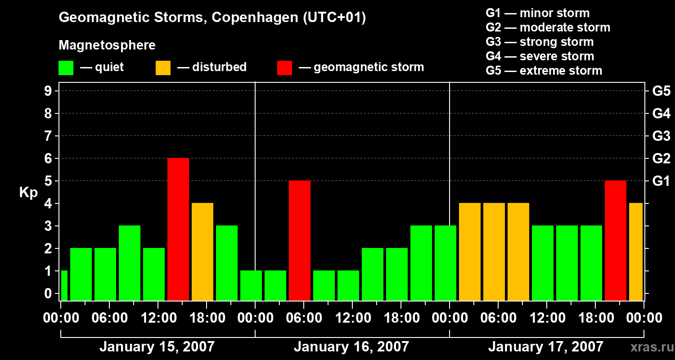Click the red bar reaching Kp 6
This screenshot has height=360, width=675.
click(178, 229)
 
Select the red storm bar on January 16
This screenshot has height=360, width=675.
click(300, 240)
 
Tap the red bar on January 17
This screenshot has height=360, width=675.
click(616, 240)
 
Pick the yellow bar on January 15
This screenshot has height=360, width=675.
click(202, 252)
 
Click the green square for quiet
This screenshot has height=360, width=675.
click(66, 68)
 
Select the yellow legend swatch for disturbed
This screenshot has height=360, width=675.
click(163, 68)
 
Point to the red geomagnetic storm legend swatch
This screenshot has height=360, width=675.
click(284, 68)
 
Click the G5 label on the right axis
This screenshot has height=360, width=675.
click(661, 91)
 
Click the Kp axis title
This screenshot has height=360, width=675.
click(28, 193)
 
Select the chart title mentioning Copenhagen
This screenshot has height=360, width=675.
click(212, 18)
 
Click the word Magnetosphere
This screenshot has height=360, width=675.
click(107, 45)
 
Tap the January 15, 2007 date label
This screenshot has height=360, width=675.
click(157, 347)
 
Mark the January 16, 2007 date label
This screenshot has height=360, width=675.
click(351, 347)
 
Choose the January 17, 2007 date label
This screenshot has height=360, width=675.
click(546, 347)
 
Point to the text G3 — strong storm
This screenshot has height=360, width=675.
click(540, 42)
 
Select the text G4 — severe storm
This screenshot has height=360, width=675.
click(540, 56)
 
